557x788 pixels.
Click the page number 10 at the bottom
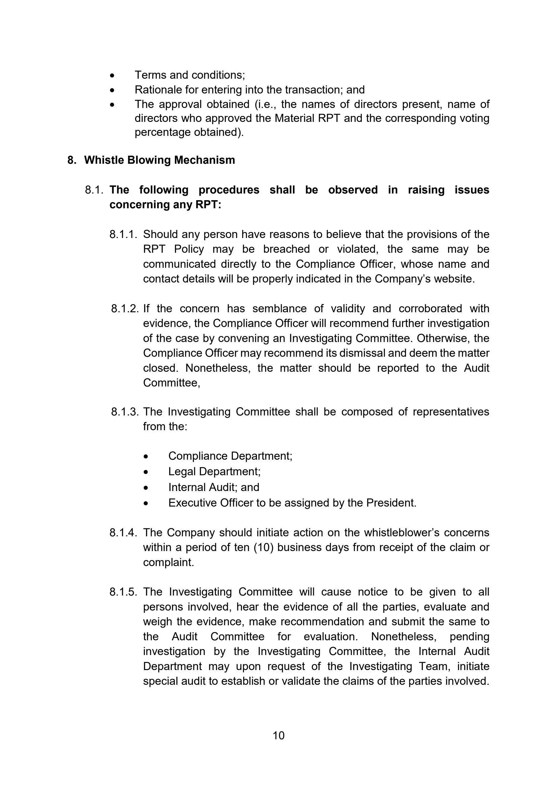coord(278,735)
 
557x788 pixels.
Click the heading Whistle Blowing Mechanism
coord(159,160)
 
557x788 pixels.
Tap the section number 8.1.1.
coord(123,234)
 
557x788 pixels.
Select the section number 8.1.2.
coord(124,309)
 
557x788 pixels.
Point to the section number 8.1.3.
coord(124,412)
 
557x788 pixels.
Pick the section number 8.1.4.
coord(123,532)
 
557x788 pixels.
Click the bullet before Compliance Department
coord(146,457)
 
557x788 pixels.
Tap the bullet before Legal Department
coord(146,472)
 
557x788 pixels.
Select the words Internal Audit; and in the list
coord(214,487)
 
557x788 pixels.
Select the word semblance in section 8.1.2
coord(279,309)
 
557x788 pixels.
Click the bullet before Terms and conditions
coord(112,75)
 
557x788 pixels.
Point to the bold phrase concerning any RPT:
coord(165,205)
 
